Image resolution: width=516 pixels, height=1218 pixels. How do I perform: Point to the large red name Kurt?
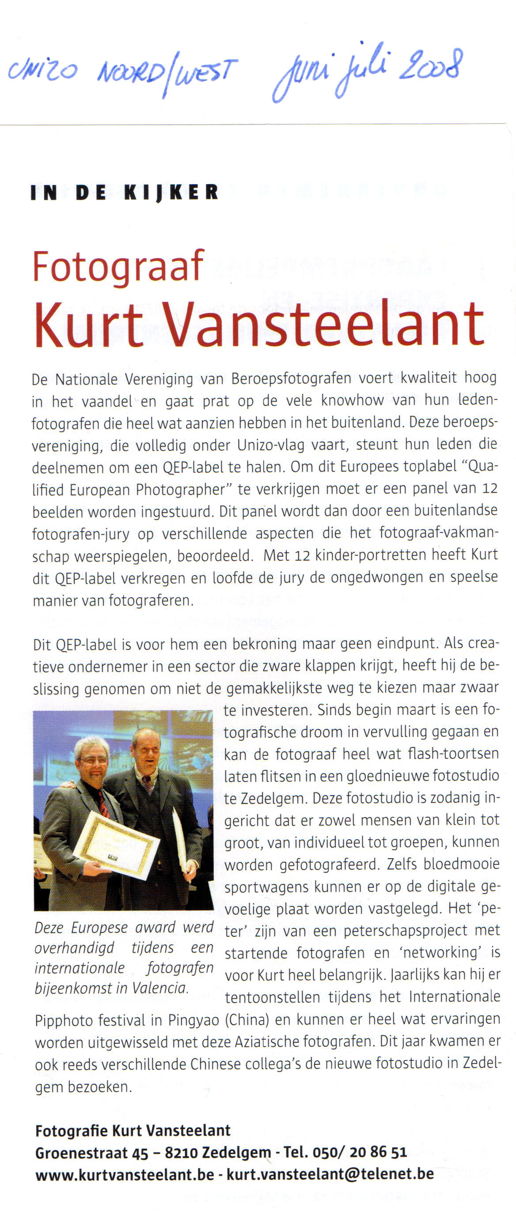88,325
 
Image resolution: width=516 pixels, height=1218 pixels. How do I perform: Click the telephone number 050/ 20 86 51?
360,1152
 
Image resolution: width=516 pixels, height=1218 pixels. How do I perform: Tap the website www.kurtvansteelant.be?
125,1174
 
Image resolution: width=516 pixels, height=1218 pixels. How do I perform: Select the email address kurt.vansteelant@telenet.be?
330,1174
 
